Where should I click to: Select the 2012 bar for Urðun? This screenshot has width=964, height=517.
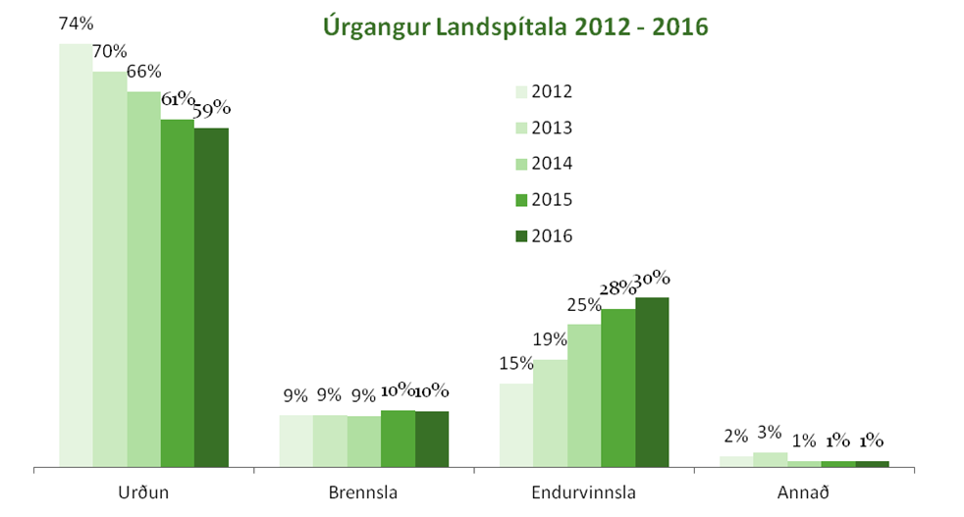pos(76,255)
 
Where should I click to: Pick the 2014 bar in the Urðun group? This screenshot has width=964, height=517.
pos(143,279)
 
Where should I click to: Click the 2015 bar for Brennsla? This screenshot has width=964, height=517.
pos(398,438)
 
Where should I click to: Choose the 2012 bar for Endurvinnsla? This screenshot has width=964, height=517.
pos(515,424)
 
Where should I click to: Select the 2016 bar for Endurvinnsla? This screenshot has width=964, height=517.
pos(652,381)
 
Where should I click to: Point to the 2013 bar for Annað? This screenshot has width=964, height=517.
pos(770,458)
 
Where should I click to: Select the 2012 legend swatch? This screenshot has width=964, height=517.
pos(521,92)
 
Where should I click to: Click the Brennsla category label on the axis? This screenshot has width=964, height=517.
pos(363,492)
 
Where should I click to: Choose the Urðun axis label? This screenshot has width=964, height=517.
pos(143,492)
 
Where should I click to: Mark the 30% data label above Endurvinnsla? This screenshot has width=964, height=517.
pos(652,279)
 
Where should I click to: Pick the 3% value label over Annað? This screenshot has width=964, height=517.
pos(769,433)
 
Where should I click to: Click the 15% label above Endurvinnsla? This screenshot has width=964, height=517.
pos(516,364)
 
